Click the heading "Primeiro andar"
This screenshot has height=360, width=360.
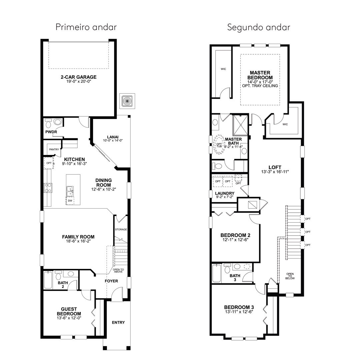(86, 27)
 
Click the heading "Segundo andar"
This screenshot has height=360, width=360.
(259, 27)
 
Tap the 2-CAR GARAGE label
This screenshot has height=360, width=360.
(79, 77)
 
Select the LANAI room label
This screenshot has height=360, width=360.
(113, 137)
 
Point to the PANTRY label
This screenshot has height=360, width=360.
(54, 149)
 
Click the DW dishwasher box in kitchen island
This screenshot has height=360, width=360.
(70, 201)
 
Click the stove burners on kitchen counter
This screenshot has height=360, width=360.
(48, 188)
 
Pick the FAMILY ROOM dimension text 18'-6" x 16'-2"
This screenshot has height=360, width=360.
(78, 241)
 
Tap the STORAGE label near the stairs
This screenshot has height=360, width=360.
(121, 229)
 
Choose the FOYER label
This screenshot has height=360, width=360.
(111, 281)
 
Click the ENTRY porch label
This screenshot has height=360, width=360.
(118, 322)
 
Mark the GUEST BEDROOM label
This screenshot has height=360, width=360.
(69, 311)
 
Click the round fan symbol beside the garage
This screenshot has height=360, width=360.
(127, 101)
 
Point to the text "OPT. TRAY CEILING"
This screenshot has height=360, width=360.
(260, 86)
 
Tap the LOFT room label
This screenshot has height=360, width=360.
(275, 167)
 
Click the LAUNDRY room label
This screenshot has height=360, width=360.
(225, 193)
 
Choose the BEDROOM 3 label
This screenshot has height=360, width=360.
(239, 307)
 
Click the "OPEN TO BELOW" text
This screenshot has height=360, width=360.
(290, 276)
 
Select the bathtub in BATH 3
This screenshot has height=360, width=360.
(217, 273)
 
